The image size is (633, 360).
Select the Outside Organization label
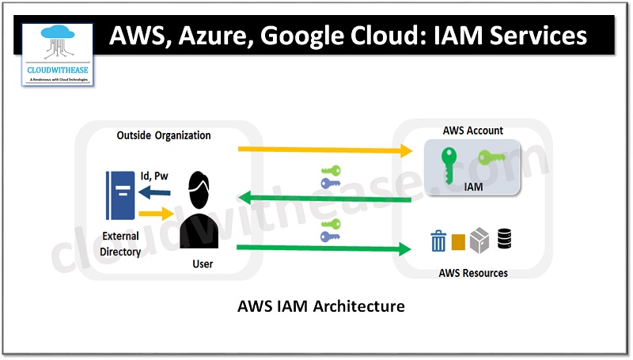(x=164, y=135)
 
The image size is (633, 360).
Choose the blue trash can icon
(x=438, y=240)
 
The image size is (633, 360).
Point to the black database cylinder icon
(x=504, y=238)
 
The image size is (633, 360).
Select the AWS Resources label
(x=473, y=273)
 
